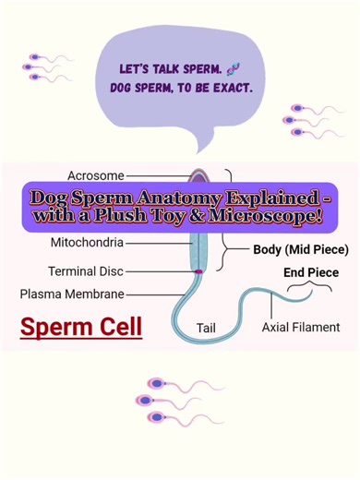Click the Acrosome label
pyautogui.click(x=95, y=174)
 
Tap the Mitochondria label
pyautogui.click(x=86, y=245)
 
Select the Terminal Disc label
pyautogui.click(x=85, y=271)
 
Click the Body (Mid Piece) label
pyautogui.click(x=300, y=249)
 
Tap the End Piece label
pyautogui.click(x=311, y=273)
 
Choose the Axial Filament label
pyautogui.click(x=301, y=327)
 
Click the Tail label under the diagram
pyautogui.click(x=206, y=328)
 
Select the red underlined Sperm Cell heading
pyautogui.click(x=81, y=327)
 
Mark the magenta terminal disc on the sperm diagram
pyautogui.click(x=198, y=271)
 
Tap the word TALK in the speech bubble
pyautogui.click(x=164, y=70)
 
